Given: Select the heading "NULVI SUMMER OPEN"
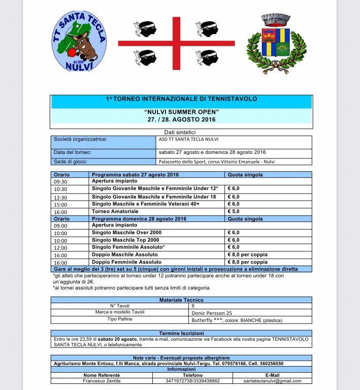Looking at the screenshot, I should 181,112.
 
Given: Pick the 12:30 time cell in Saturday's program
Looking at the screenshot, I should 60,197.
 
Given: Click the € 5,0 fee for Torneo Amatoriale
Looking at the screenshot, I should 234,211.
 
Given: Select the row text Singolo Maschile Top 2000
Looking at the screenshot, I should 125,240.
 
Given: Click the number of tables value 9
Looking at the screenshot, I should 193,306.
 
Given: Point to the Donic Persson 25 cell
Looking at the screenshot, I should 212,313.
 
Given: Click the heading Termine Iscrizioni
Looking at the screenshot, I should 181,333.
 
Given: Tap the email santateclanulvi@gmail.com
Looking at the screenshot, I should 272,381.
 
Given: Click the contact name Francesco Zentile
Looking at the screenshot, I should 102,381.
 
